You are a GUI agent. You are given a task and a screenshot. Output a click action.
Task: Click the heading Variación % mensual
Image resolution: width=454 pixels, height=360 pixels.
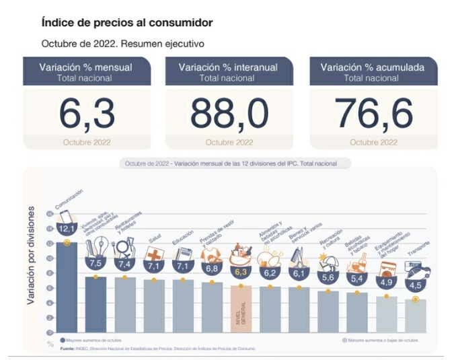(85, 67)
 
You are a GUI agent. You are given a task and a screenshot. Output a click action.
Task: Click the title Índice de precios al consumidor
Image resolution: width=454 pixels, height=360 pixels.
(127, 23)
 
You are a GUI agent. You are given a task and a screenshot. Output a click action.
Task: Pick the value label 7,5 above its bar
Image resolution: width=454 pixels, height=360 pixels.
(96, 263)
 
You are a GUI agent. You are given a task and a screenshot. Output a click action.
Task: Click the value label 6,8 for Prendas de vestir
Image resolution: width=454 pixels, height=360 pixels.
(212, 268)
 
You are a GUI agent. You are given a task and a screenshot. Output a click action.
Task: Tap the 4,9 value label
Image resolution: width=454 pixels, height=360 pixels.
(386, 282)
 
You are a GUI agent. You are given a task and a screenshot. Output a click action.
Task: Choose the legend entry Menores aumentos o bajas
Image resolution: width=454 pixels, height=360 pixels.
(383, 340)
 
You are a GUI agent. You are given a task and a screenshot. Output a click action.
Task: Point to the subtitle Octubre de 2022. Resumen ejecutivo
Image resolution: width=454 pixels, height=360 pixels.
(122, 43)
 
